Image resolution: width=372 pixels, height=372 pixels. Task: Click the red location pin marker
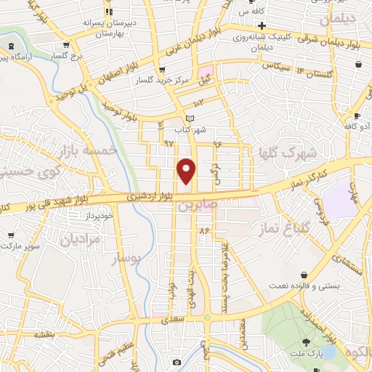[187, 171]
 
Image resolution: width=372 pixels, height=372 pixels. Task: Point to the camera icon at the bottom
[177, 362]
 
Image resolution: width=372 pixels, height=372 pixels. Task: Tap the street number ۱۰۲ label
[199, 105]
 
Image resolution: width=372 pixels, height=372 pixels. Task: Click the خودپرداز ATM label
[99, 216]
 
